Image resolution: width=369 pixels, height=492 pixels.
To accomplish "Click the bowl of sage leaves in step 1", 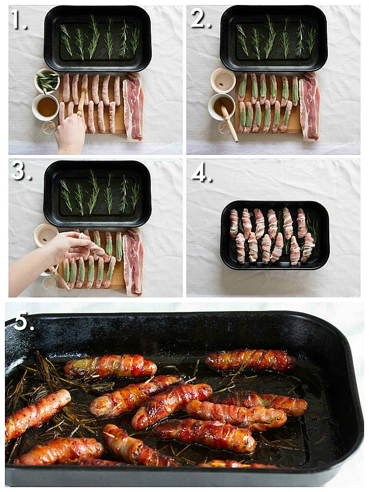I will [x=47, y=81].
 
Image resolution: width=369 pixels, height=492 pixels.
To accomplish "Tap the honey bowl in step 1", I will [x=45, y=107].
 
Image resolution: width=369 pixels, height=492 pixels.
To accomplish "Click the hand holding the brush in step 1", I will [x=70, y=133].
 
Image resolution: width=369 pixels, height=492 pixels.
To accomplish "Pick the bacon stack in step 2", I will [x=309, y=106].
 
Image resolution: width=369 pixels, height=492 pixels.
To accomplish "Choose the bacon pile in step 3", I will [x=133, y=260].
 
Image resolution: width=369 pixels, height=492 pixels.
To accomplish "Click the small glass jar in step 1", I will [x=49, y=128].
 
